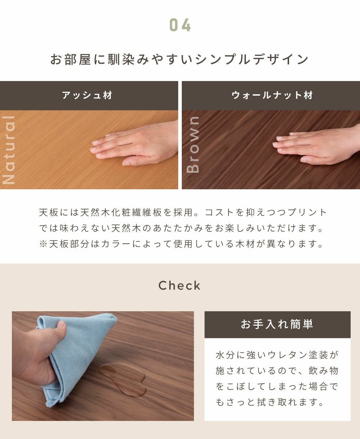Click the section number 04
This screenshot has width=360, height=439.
180,25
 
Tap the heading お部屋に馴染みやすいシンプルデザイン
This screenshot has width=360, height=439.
180,59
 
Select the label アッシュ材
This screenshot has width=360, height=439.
87,95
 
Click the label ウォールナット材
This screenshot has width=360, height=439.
272,95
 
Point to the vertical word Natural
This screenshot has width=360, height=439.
9,150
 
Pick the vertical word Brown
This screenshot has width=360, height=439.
193,145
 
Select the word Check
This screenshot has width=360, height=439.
180,285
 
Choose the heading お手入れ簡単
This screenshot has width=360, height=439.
277,324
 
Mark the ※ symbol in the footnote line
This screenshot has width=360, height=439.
43,244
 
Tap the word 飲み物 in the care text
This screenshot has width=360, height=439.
323,371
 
